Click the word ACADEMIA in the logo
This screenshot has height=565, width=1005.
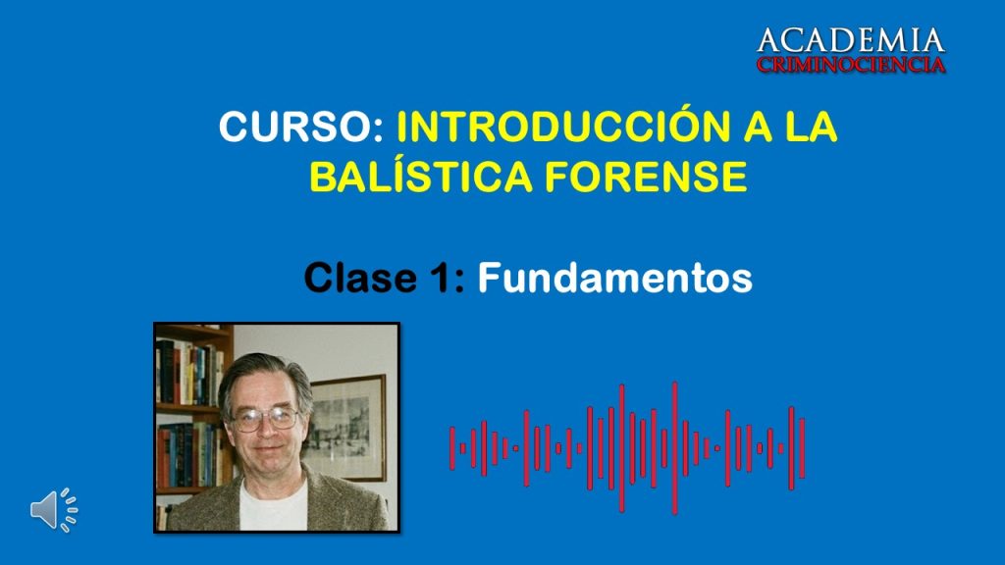coord(851,40)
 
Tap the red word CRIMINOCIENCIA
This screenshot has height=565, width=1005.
coord(851,64)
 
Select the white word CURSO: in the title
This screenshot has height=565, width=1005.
coord(301,127)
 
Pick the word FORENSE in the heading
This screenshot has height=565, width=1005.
coord(646,177)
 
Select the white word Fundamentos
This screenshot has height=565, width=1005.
coord(614,277)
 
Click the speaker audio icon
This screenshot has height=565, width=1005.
coord(54,510)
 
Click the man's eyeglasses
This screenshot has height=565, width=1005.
coord(265,419)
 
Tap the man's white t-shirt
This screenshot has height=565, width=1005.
coord(275,507)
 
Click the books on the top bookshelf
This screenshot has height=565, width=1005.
coord(189,372)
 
